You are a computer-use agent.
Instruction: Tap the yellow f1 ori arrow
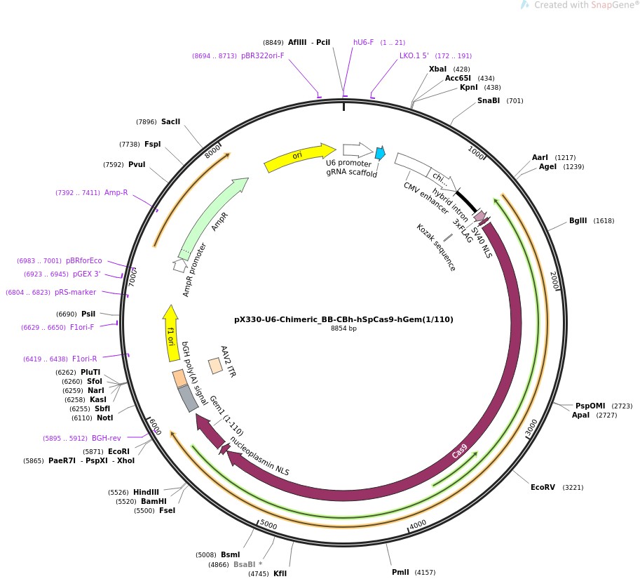(x=170, y=327)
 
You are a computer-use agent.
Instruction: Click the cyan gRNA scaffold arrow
(x=380, y=153)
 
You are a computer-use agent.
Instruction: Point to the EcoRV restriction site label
(x=543, y=487)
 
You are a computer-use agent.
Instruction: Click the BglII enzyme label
(x=578, y=220)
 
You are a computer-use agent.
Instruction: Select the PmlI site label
(x=400, y=572)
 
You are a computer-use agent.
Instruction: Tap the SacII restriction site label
(x=170, y=121)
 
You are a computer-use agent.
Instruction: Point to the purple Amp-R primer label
(x=116, y=192)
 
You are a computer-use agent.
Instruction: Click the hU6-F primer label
(x=363, y=42)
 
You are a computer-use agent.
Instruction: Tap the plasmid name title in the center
(x=343, y=319)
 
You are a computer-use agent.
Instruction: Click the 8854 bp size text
(x=343, y=328)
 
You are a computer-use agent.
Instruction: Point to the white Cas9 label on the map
(x=459, y=451)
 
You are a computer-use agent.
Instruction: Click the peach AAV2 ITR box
(x=215, y=366)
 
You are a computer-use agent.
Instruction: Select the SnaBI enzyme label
(x=489, y=100)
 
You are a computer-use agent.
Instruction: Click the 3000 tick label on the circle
(x=531, y=426)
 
